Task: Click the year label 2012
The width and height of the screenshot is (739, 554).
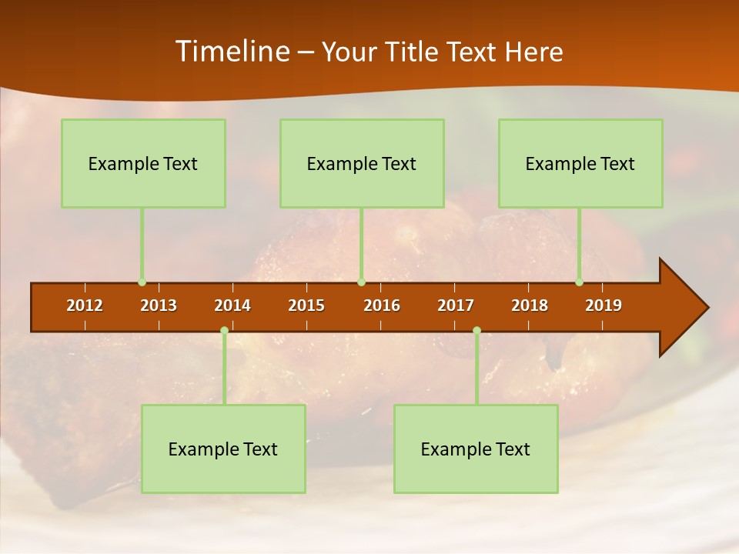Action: (x=85, y=305)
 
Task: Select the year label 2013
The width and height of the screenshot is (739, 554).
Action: (x=159, y=305)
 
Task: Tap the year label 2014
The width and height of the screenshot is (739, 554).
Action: (x=232, y=305)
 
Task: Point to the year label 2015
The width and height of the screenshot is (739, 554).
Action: (x=306, y=305)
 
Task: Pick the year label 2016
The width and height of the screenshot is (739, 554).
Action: (x=382, y=305)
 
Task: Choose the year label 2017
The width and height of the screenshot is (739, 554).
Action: (x=456, y=305)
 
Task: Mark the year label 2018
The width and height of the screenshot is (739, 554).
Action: (x=530, y=305)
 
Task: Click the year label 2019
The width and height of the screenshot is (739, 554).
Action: (x=604, y=305)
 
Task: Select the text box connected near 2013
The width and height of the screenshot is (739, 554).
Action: (x=143, y=163)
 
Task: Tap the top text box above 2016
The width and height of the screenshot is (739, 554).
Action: (x=362, y=163)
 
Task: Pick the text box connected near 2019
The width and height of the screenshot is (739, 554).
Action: (x=580, y=163)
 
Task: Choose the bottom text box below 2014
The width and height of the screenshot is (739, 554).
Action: (x=223, y=449)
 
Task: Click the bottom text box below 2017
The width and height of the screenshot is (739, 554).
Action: (x=476, y=449)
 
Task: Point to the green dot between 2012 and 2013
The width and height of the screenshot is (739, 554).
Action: (x=142, y=282)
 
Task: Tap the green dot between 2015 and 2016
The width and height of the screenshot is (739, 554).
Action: (x=361, y=282)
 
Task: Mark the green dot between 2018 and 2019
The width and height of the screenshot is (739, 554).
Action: (x=579, y=282)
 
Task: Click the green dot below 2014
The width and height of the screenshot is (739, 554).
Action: (x=224, y=331)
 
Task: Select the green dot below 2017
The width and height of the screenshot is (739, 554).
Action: (x=477, y=331)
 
